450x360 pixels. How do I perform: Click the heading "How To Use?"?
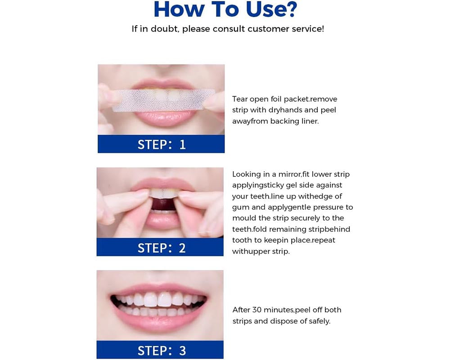pyautogui.click(x=225, y=9)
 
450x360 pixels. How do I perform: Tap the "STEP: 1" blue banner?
pyautogui.click(x=161, y=144)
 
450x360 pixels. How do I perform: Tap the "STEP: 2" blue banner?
pyautogui.click(x=160, y=247)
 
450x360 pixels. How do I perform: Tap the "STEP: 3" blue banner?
pyautogui.click(x=160, y=350)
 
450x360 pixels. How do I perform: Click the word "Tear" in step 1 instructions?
pyautogui.click(x=240, y=99)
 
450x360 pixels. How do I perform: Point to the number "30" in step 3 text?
pyautogui.click(x=256, y=310)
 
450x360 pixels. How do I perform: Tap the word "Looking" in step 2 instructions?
pyautogui.click(x=246, y=175)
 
